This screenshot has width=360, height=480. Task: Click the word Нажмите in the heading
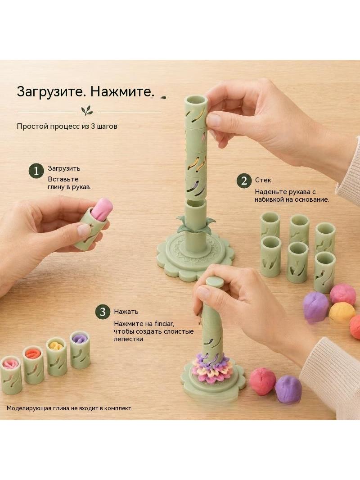point(122,91)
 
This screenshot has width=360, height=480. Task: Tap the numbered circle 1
point(36,171)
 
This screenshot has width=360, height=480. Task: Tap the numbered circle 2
point(244,181)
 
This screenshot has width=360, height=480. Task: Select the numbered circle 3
point(103,312)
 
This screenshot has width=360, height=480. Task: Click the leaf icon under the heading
point(87,110)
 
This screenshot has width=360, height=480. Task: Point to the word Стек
point(263,180)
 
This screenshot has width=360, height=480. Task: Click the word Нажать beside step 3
point(126,312)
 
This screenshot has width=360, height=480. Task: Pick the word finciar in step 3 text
point(165,324)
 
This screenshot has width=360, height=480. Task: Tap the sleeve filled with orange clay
point(33,365)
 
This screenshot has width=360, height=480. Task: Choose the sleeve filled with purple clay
point(80,349)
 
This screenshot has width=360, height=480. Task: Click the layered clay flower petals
point(212,368)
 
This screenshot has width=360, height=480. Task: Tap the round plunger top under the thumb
point(215,281)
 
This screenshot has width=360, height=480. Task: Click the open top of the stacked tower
point(196,100)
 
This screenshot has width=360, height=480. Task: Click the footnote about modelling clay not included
point(69,408)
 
